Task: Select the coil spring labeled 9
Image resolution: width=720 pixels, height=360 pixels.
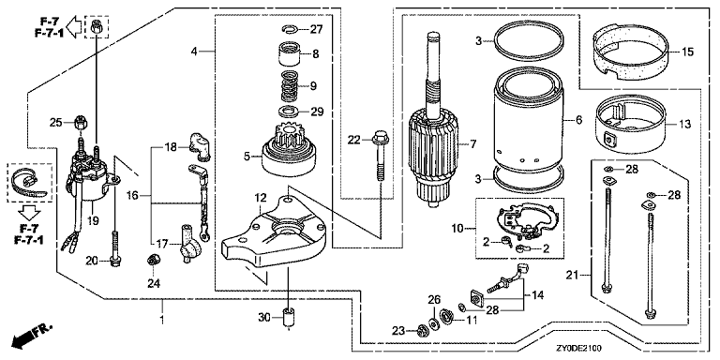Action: point(290,86)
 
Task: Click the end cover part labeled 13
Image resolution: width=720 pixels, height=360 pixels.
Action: point(630,124)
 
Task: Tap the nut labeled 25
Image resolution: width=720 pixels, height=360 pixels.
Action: point(82,124)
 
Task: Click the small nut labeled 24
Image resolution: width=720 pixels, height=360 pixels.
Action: point(153,260)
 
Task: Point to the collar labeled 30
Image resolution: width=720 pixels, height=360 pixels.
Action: point(289,318)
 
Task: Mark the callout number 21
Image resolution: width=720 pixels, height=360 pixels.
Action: point(572,276)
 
